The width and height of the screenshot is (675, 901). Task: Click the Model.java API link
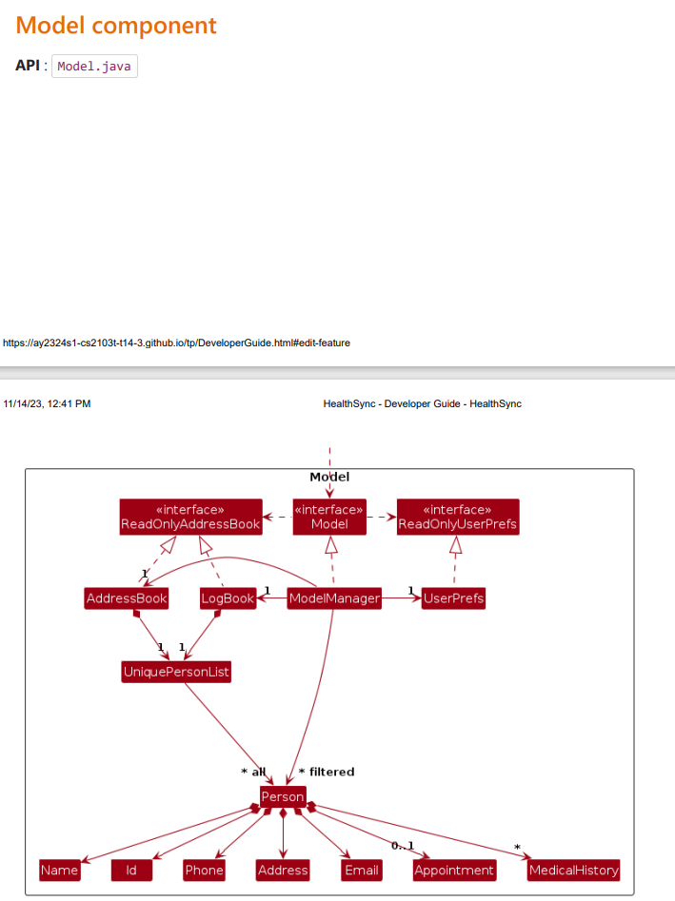click(x=94, y=67)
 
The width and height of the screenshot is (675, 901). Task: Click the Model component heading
click(x=116, y=26)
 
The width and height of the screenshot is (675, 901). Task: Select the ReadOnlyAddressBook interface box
click(x=190, y=517)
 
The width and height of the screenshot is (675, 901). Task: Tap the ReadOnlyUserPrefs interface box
click(x=458, y=517)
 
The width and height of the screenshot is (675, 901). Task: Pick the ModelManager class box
click(x=334, y=598)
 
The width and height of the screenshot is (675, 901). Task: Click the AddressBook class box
click(x=127, y=598)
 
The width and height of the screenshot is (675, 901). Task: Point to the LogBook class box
click(x=228, y=598)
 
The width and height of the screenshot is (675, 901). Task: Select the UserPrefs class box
click(x=453, y=598)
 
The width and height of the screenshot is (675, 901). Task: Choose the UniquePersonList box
click(x=177, y=672)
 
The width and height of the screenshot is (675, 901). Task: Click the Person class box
click(x=283, y=796)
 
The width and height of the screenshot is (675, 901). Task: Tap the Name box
click(x=60, y=870)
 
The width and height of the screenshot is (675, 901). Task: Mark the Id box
click(x=131, y=870)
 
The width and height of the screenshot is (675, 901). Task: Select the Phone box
click(x=204, y=870)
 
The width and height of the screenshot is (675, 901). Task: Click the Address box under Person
click(x=283, y=870)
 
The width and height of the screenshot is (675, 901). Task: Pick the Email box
click(x=361, y=870)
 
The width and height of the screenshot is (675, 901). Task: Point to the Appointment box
click(x=454, y=870)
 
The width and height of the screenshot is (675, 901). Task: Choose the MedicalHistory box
click(x=573, y=870)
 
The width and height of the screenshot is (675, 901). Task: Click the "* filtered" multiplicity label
click(x=327, y=772)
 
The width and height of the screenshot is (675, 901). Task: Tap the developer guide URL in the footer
click(x=176, y=343)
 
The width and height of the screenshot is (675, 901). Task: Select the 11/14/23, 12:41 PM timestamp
click(x=47, y=403)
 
